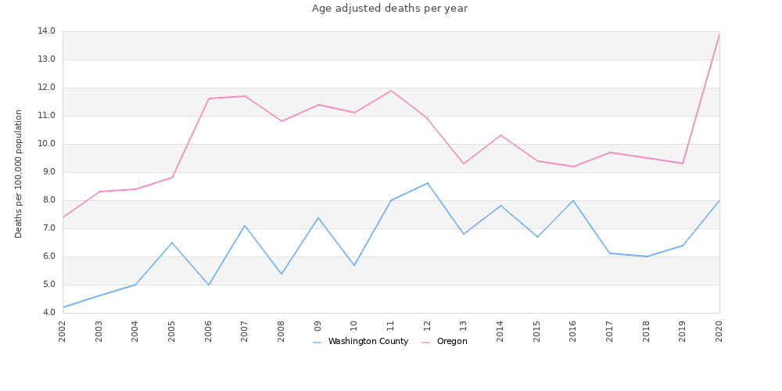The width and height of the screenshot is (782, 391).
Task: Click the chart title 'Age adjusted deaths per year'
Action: point(389,9)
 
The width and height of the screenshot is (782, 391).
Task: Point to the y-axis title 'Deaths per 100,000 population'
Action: point(19,174)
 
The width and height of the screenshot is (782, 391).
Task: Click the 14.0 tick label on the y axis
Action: point(46,31)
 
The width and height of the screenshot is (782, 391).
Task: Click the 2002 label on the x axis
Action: point(63,328)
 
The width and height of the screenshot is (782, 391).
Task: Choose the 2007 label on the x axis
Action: point(245,328)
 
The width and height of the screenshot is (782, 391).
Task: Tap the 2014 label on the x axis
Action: point(500,328)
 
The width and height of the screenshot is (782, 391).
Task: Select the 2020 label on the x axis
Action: point(719,328)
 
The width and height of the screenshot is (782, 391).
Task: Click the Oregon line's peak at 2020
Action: point(719,34)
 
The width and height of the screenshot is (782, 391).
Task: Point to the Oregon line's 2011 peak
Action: point(391,91)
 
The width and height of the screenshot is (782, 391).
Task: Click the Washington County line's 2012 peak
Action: point(428,183)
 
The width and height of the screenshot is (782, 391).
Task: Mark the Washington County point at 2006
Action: point(209,285)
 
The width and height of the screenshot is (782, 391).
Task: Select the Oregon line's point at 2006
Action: point(209,99)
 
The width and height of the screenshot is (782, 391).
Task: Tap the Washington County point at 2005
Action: point(172,242)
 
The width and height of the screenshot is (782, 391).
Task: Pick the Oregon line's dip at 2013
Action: point(464,163)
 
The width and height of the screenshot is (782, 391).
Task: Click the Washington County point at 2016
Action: point(573,200)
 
